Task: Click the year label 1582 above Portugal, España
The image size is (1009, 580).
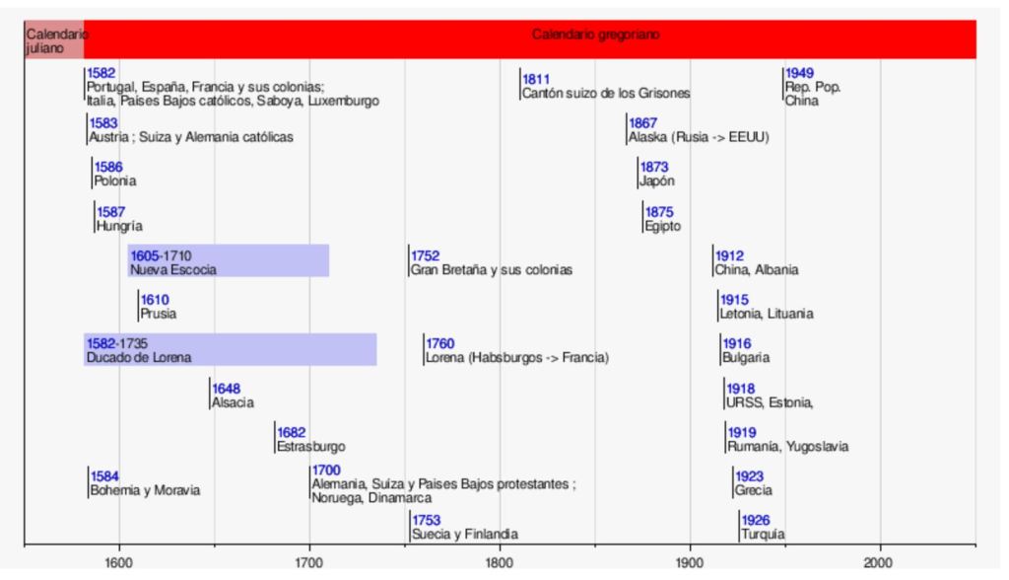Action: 101,73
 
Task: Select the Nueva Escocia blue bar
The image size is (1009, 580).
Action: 228,261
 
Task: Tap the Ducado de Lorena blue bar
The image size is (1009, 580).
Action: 230,350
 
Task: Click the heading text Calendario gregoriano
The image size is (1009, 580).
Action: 595,35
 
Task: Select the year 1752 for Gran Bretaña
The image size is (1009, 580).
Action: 426,256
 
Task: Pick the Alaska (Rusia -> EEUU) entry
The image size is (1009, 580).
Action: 698,137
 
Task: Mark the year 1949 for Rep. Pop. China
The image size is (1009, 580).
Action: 799,73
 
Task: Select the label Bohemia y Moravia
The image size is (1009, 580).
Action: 145,490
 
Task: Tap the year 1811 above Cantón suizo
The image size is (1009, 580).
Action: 536,79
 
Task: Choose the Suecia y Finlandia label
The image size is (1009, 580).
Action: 465,534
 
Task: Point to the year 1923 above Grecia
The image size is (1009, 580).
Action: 749,476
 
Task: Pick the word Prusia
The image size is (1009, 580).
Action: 159,314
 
